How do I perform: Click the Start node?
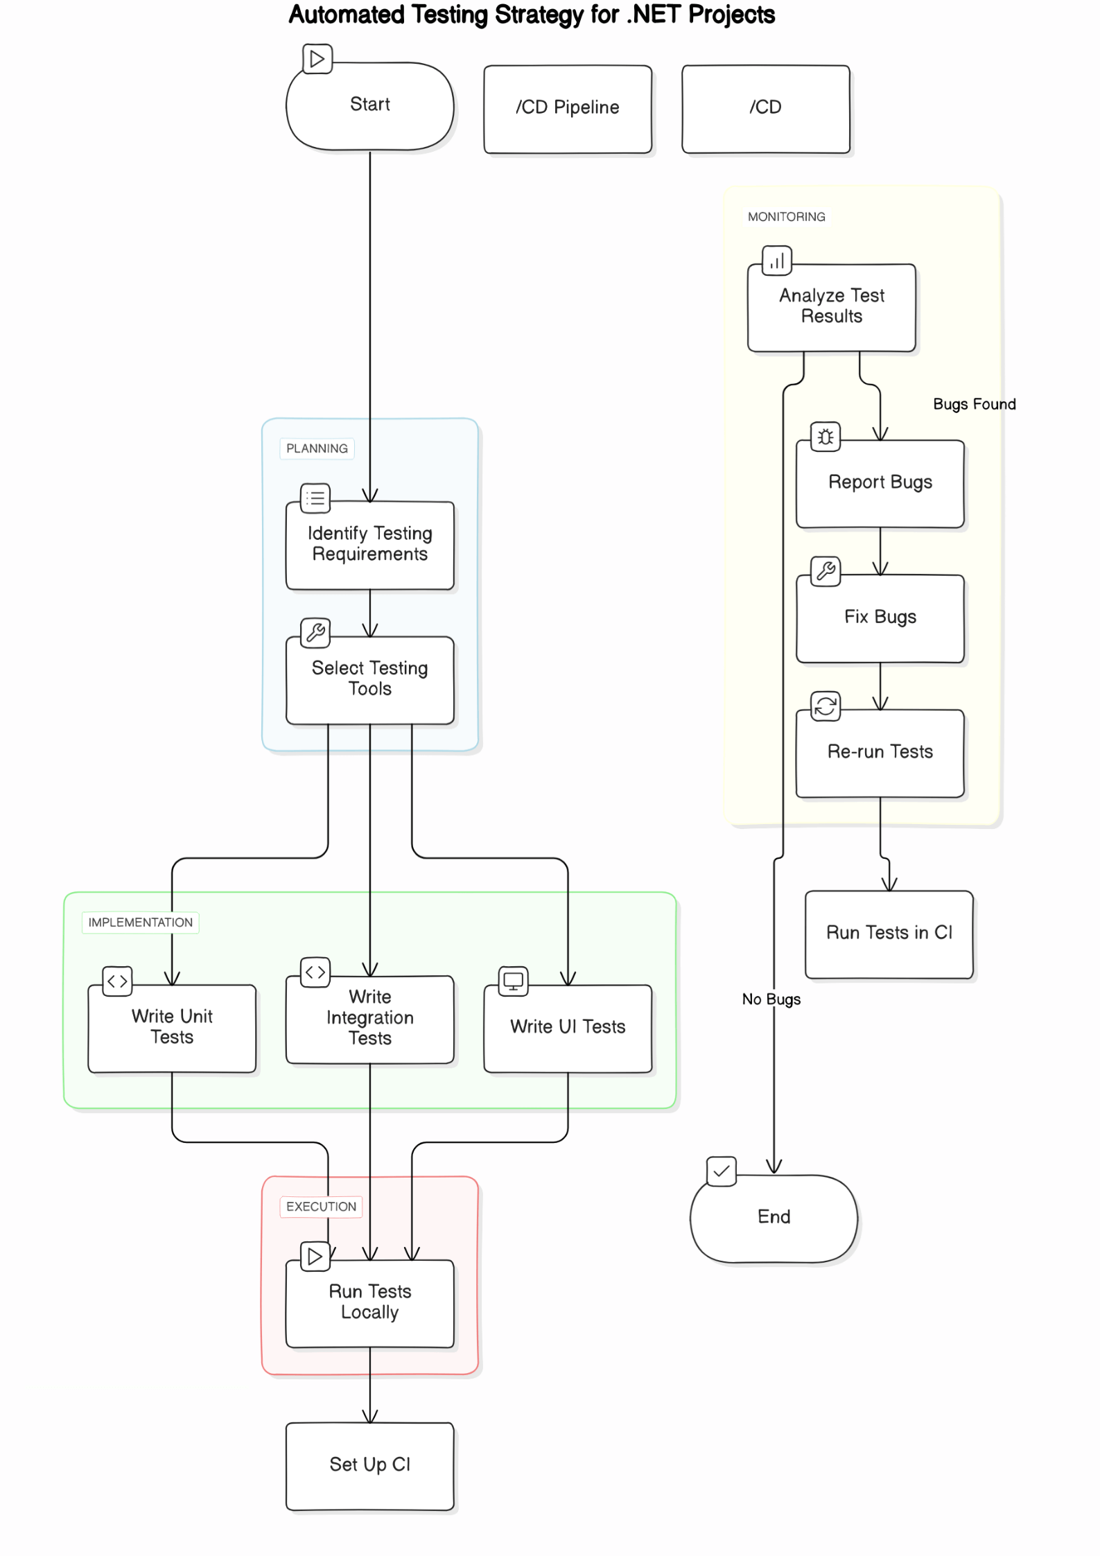coord(369,106)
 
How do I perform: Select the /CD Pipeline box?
coord(567,109)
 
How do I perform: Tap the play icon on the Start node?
coord(317,59)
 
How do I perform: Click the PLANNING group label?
coord(317,448)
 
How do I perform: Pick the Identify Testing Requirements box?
coord(369,545)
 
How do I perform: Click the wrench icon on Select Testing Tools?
coord(315,632)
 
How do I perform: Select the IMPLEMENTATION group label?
coord(140,923)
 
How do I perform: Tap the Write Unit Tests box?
coord(172,1028)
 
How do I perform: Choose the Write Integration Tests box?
coord(369,1019)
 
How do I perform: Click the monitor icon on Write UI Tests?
coord(513,981)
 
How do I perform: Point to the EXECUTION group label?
coord(321,1207)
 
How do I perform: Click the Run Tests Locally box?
coord(369,1303)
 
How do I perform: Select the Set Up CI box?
coord(369,1465)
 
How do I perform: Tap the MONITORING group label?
coord(786,217)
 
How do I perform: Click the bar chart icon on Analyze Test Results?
coord(776,261)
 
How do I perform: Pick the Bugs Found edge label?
coord(974,404)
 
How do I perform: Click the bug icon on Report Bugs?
coord(825,437)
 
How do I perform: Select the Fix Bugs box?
coord(880,618)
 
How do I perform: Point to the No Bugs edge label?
coord(771,999)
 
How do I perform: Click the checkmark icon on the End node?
coord(721,1171)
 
